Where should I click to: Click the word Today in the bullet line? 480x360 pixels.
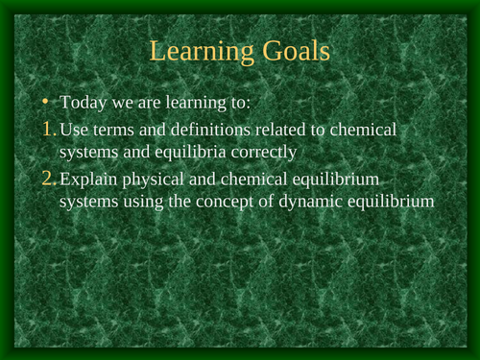[83, 104]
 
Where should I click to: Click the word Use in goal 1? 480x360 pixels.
[74, 129]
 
